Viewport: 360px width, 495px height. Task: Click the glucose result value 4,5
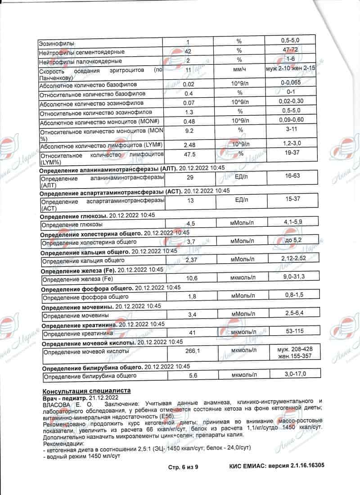pyautogui.click(x=191, y=224)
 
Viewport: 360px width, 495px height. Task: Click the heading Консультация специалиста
pyautogui.click(x=86, y=391)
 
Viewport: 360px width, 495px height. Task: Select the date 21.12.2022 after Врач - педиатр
pyautogui.click(x=104, y=398)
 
